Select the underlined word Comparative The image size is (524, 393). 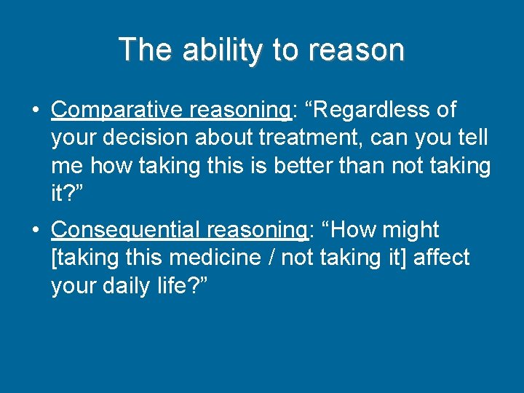pos(118,110)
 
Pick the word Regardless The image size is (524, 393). pos(370,110)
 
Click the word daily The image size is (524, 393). pos(132,285)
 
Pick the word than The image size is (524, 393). pos(369,165)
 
